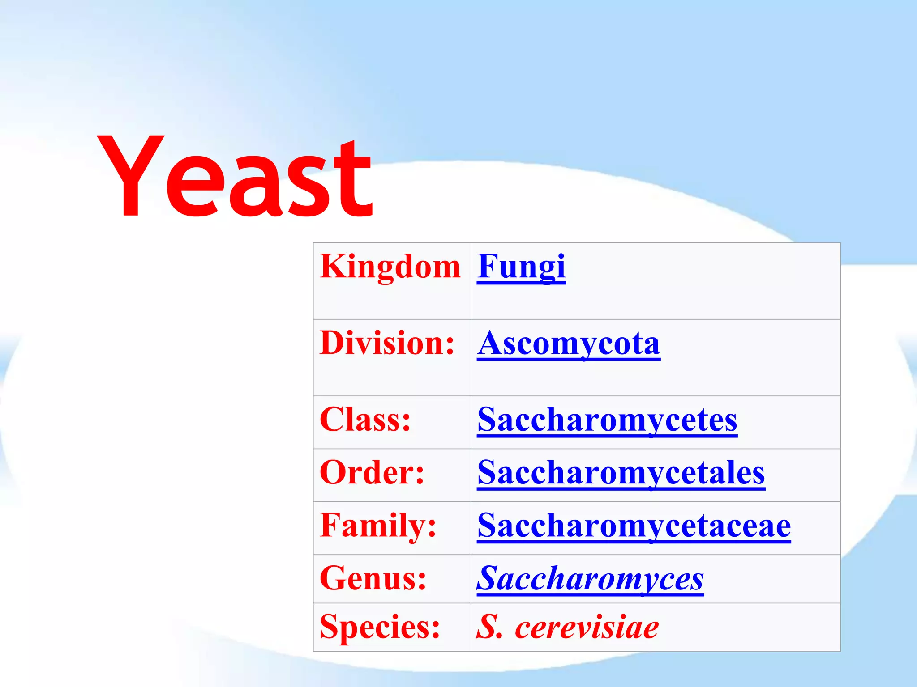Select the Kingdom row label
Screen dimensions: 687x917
pos(390,267)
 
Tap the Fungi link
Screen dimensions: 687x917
pos(521,267)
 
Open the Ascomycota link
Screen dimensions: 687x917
pos(569,344)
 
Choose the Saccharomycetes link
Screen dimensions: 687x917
pos(607,420)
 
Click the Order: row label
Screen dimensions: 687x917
pos(372,473)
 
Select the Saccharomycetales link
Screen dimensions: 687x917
pos(621,473)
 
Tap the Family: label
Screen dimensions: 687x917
pos(378,526)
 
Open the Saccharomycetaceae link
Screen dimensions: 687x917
pos(634,526)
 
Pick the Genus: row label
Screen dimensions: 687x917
pos(373,578)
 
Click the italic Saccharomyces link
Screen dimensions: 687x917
pos(590,579)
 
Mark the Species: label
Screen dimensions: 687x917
pos(380,627)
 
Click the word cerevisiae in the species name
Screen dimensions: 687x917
pos(587,627)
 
